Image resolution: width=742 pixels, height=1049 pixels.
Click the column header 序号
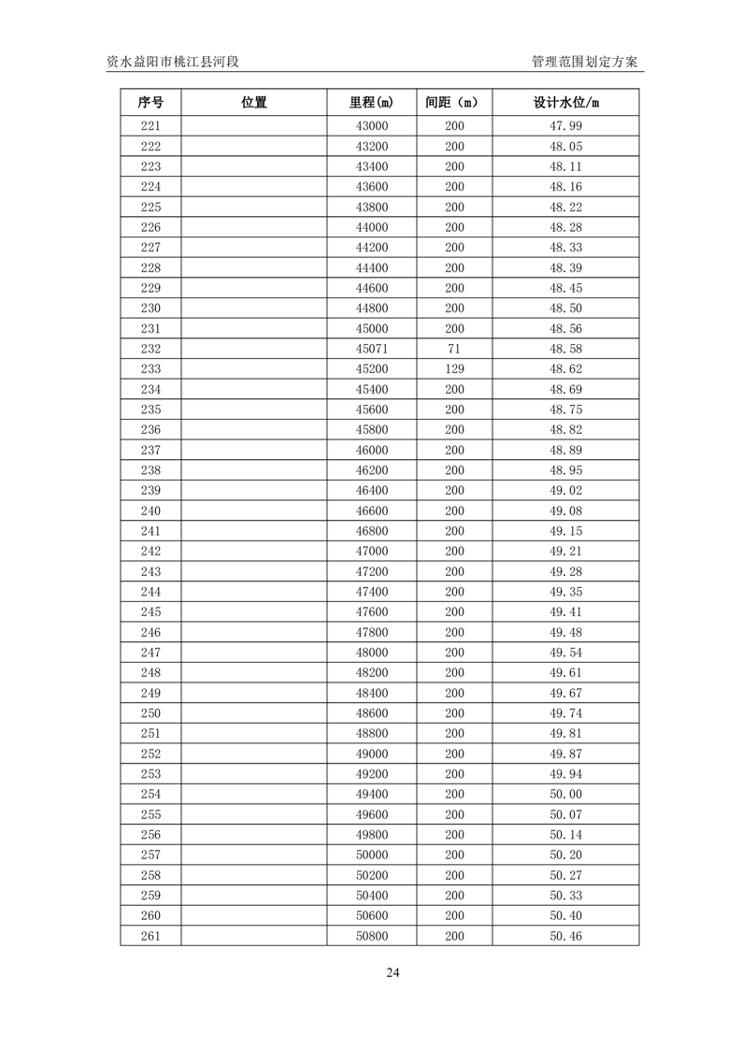click(150, 103)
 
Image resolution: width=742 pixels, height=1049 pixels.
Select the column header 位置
click(253, 103)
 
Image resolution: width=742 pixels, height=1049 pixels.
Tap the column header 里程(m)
click(371, 103)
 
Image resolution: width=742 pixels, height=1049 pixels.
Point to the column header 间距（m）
click(453, 103)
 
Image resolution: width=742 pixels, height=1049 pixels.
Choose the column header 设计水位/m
click(565, 103)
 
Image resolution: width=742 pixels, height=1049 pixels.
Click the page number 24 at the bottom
click(392, 972)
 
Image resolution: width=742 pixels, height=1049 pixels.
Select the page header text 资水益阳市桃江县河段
click(174, 62)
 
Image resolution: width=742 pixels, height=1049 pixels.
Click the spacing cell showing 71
click(453, 349)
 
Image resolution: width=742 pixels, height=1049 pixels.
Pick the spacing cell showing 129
click(453, 369)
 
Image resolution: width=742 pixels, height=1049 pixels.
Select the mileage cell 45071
click(371, 349)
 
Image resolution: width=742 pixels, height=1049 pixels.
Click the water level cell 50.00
click(565, 794)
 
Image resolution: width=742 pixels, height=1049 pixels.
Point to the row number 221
click(150, 126)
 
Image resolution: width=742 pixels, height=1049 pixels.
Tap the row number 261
click(150, 936)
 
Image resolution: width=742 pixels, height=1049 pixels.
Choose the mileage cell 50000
click(371, 855)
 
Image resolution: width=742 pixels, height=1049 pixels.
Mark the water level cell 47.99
click(565, 126)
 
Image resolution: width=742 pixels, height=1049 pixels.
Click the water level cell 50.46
click(565, 936)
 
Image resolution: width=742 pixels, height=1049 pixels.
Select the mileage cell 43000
click(371, 126)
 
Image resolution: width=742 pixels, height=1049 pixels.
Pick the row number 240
click(150, 510)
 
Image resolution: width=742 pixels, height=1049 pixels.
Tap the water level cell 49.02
click(565, 491)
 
